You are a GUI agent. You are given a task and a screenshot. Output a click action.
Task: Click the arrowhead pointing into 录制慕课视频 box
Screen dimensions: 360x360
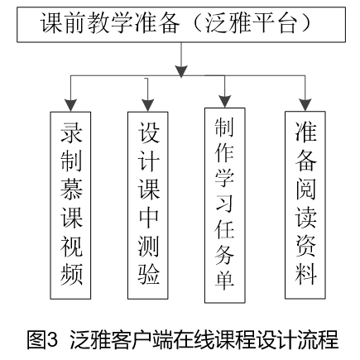(x=70, y=105)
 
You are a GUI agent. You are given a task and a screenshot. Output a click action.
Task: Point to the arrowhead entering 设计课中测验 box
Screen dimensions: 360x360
(x=148, y=105)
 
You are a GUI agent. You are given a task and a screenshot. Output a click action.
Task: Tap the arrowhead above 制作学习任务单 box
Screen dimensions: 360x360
(x=225, y=102)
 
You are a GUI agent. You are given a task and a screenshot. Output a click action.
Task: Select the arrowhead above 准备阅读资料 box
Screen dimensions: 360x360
(x=305, y=105)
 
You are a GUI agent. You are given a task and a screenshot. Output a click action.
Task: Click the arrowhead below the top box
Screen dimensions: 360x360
(x=181, y=71)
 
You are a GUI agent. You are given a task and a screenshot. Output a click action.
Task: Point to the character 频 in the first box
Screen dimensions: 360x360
(x=71, y=275)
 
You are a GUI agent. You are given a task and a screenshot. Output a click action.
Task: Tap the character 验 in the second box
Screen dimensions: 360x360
(x=149, y=274)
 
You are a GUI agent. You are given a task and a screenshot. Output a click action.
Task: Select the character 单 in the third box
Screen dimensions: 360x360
(x=225, y=280)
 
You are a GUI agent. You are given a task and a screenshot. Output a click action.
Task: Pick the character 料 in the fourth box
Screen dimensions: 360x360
(x=305, y=274)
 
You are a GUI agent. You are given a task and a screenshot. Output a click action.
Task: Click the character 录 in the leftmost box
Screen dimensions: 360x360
(x=71, y=132)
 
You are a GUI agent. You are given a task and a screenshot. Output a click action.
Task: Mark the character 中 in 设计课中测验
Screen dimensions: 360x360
(x=149, y=217)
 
